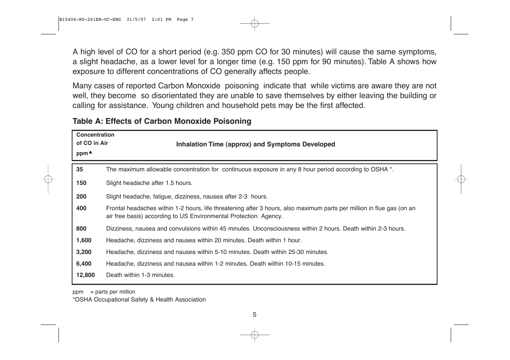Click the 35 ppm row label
click(80, 169)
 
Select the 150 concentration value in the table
click(81, 183)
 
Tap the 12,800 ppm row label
click(85, 275)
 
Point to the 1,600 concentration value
click(84, 240)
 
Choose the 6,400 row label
click(84, 264)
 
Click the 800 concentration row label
click(81, 229)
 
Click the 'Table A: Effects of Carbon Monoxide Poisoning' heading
click(162, 121)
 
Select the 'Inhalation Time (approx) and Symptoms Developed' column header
click(256, 144)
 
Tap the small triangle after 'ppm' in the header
click(91, 152)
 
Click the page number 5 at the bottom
click(254, 314)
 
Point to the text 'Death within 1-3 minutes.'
click(140, 275)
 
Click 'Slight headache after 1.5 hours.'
click(149, 183)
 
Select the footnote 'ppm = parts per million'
click(104, 292)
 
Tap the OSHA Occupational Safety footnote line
click(139, 300)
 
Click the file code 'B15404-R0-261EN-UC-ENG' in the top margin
click(90, 20)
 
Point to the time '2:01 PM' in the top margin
click(161, 20)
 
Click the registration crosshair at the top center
click(255, 23)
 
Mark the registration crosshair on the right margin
click(461, 179)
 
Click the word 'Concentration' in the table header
click(95, 135)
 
